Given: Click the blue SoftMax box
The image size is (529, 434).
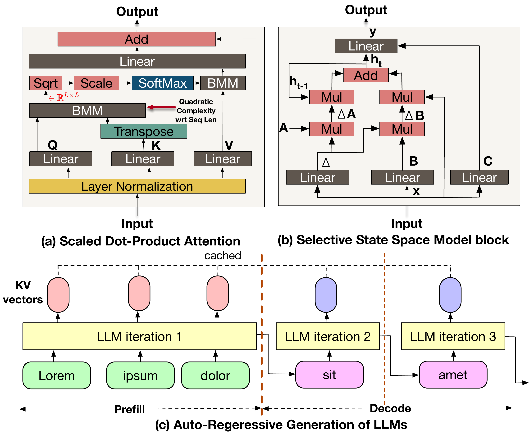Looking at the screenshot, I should pyautogui.click(x=162, y=83).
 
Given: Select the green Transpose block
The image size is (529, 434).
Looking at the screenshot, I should pyautogui.click(x=144, y=131).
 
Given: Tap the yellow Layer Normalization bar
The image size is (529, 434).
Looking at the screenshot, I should pyautogui.click(x=137, y=186).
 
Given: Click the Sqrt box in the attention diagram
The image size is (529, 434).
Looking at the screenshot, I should pyautogui.click(x=46, y=83).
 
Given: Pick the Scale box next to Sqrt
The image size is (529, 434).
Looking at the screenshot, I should pyautogui.click(x=96, y=83).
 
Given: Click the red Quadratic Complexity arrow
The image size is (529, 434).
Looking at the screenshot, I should pyautogui.click(x=161, y=107).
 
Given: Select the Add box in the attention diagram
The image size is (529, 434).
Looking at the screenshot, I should pyautogui.click(x=137, y=39).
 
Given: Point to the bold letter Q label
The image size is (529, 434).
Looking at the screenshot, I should pyautogui.click(x=53, y=145).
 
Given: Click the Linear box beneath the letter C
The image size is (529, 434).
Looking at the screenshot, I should pyautogui.click(x=479, y=177).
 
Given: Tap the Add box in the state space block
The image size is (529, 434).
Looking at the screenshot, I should pyautogui.click(x=366, y=75).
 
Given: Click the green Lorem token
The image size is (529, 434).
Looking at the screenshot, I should pyautogui.click(x=57, y=375).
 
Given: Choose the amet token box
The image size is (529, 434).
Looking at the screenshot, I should pyautogui.click(x=453, y=375).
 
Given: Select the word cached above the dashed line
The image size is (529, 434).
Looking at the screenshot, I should pyautogui.click(x=223, y=256).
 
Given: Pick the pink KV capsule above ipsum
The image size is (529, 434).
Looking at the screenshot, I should pyautogui.click(x=139, y=293).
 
